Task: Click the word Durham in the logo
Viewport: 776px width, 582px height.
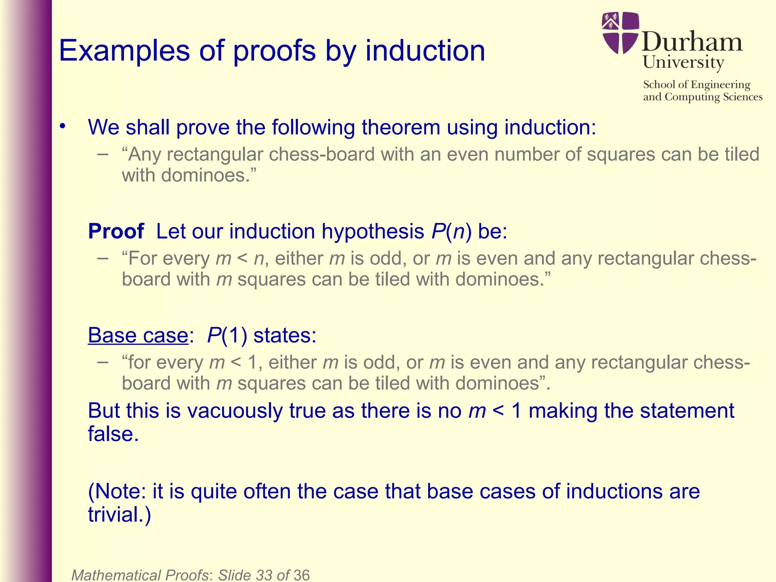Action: [692, 42]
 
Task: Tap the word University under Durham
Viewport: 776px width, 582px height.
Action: [683, 62]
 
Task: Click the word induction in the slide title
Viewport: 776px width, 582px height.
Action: [425, 51]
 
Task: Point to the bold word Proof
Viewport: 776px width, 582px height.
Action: [116, 231]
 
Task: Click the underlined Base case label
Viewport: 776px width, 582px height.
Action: [138, 335]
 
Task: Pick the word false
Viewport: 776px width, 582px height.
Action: [113, 434]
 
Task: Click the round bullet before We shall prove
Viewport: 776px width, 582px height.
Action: [63, 126]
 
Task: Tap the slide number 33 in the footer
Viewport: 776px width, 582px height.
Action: [264, 575]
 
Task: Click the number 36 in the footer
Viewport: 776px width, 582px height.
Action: [301, 575]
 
